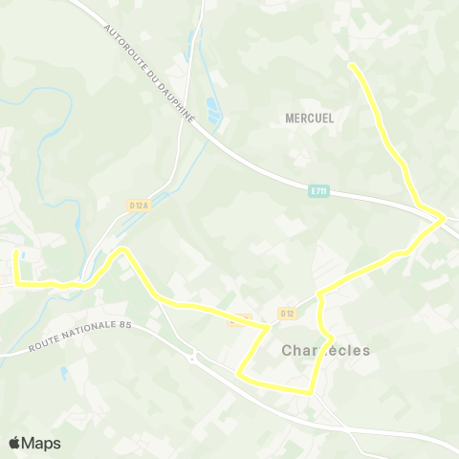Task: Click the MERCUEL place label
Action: point(309,119)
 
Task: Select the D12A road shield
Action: point(138,205)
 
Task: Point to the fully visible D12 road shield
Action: point(288,313)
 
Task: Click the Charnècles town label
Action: point(325,351)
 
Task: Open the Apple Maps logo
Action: point(34,443)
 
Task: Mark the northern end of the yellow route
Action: point(352,65)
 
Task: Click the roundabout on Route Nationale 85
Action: point(196,360)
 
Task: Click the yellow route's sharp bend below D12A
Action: point(121,251)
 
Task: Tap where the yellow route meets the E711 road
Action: point(442,219)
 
